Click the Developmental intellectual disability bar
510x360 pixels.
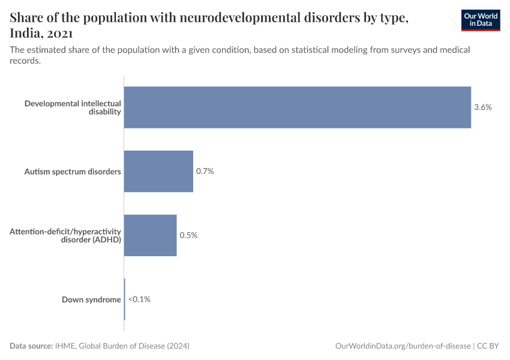click(x=297, y=107)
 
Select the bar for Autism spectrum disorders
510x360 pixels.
click(x=158, y=171)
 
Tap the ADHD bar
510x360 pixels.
click(x=150, y=235)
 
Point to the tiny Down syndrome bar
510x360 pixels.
click(x=124, y=299)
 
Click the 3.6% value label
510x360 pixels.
click(x=482, y=107)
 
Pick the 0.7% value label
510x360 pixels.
click(x=205, y=171)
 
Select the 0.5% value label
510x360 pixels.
click(x=188, y=235)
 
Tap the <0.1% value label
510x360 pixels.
click(x=139, y=299)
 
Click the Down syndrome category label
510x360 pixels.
click(x=91, y=299)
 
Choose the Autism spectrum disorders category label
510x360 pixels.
click(x=73, y=172)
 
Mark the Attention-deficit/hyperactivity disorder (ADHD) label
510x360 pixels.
click(x=65, y=235)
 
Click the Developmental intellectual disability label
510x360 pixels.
click(x=73, y=107)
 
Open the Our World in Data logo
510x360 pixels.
click(x=480, y=20)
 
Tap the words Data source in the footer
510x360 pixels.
click(x=31, y=346)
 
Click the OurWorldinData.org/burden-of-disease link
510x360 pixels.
click(x=402, y=346)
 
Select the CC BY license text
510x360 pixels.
click(x=488, y=346)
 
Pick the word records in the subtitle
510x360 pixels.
click(x=25, y=61)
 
